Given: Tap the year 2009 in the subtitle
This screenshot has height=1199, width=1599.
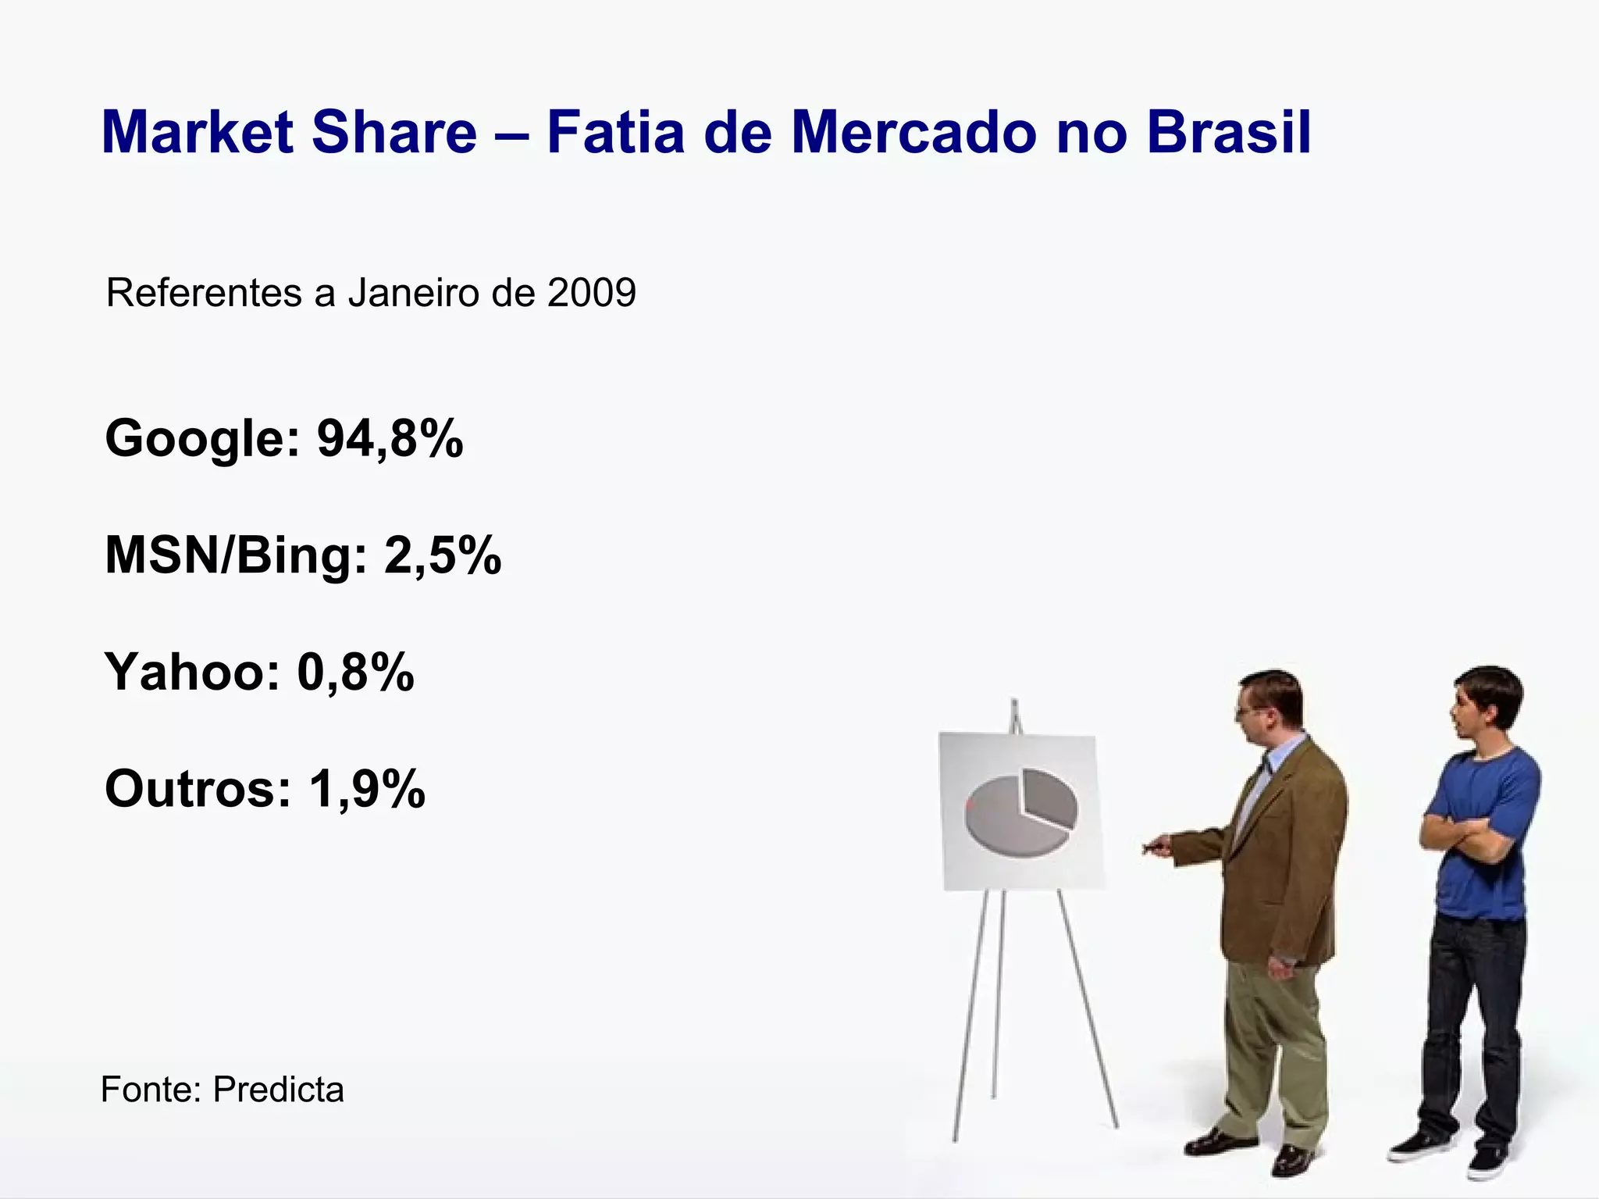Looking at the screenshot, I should [x=592, y=294].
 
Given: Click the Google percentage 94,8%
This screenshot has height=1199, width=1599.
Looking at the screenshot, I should [x=390, y=438].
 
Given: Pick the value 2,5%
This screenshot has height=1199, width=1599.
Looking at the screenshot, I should [x=442, y=555].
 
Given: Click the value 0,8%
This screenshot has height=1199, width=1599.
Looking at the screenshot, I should [x=355, y=672].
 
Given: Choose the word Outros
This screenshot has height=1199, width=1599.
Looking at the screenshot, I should [x=198, y=789].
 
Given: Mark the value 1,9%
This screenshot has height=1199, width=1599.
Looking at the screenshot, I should [x=367, y=789].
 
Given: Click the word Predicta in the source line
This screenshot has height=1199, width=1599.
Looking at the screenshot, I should [x=278, y=1090].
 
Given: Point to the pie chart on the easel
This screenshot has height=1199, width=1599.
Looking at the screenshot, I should [x=1020, y=810].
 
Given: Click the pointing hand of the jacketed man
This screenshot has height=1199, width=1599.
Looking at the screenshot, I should [x=1157, y=846].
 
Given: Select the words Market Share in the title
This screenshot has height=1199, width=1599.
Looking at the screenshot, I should [x=289, y=133].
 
